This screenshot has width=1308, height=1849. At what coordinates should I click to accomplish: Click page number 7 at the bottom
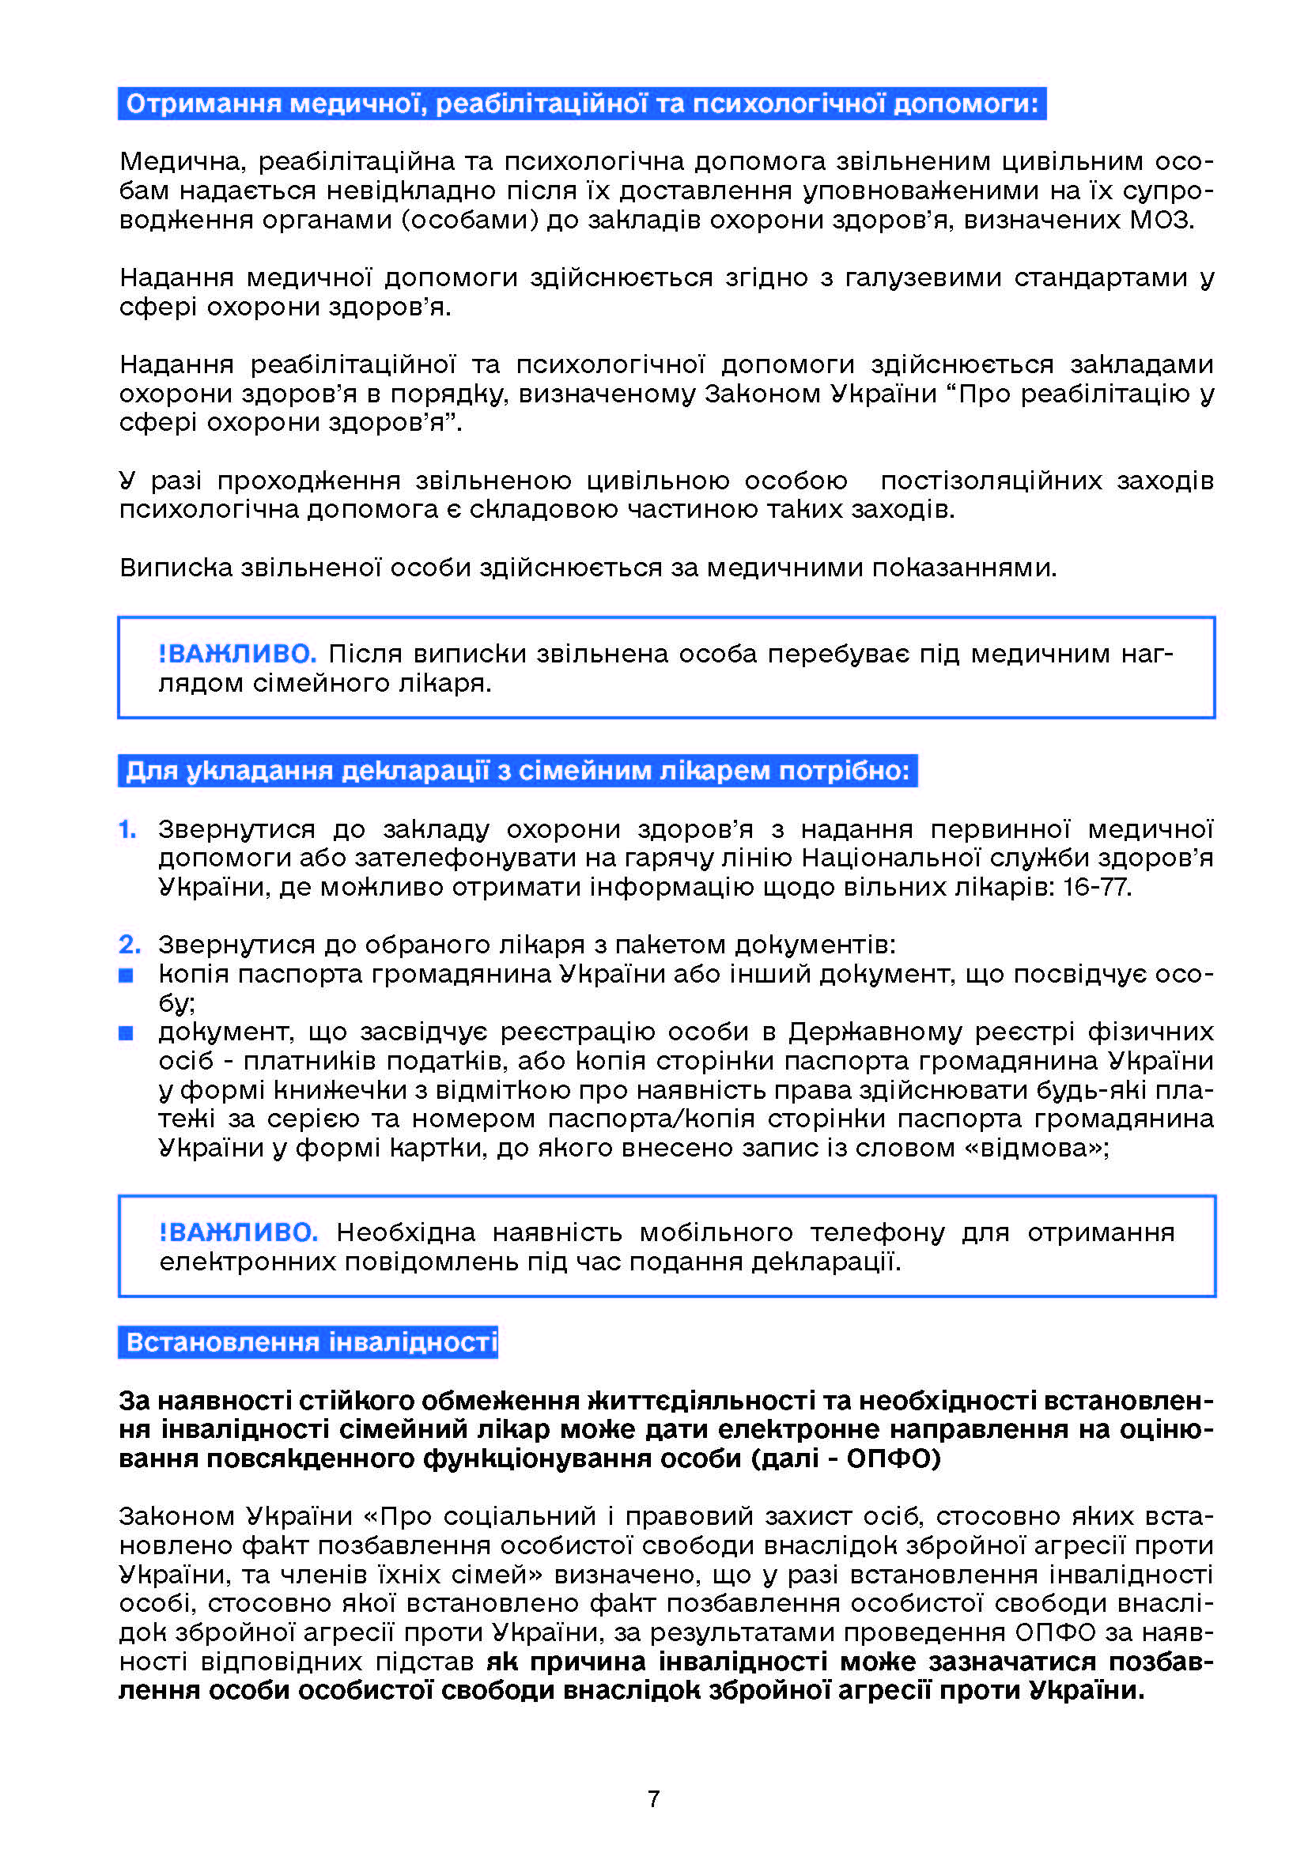[653, 1798]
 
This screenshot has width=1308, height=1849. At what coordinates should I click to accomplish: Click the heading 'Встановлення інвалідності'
[311, 1341]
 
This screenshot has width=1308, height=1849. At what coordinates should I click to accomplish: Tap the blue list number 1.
[127, 828]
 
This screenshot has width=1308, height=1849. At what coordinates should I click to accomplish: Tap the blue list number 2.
[129, 944]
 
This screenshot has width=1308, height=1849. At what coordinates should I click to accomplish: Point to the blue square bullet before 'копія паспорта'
[127, 975]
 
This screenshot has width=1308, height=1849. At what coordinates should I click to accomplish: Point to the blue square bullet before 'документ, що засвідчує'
[127, 1033]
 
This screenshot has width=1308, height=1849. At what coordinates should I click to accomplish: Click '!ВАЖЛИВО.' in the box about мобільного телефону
[238, 1232]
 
